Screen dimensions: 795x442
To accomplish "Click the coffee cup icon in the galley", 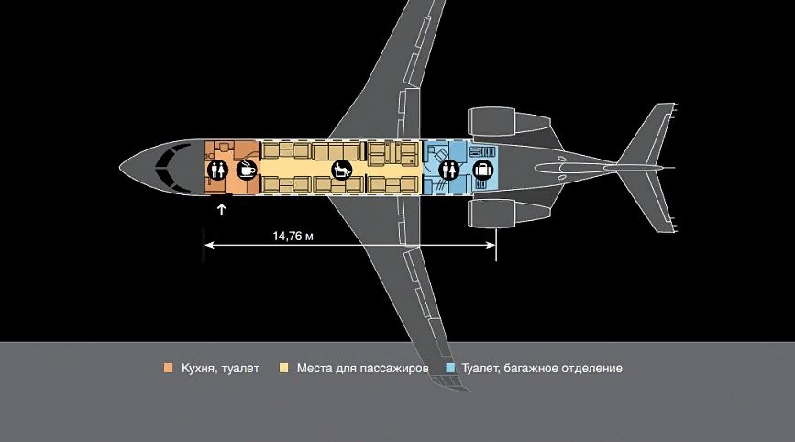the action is [x=247, y=170].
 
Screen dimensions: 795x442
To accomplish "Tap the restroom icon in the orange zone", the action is [x=217, y=170].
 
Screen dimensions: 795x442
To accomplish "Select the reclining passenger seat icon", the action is [x=342, y=170].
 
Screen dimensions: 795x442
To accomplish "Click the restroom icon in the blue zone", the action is [x=449, y=170].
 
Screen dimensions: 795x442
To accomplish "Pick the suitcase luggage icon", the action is [x=483, y=170].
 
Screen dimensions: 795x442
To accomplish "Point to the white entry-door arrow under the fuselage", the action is [x=222, y=209].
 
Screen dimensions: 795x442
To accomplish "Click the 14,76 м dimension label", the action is [x=293, y=237].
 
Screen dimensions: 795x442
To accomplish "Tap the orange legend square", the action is [x=169, y=368].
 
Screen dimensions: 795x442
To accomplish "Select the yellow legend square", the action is [x=284, y=368].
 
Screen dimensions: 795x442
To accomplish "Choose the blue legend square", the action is [x=449, y=368].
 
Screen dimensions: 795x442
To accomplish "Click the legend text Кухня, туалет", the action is [x=221, y=369].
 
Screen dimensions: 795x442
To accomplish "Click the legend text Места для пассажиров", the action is [x=362, y=369].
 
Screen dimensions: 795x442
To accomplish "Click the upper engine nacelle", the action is [x=509, y=122].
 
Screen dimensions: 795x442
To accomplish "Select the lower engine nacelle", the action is [x=509, y=214].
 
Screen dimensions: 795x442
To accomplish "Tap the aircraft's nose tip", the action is [x=121, y=166].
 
